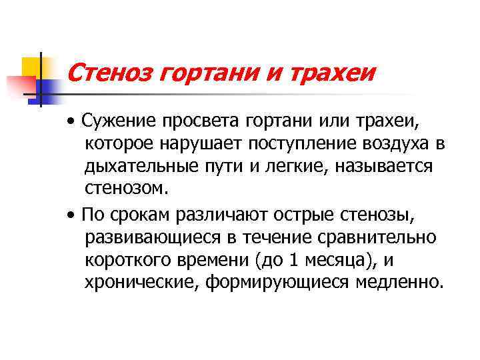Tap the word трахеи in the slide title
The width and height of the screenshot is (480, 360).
(x=325, y=70)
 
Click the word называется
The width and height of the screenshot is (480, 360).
(x=377, y=166)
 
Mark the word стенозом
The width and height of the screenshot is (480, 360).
(x=123, y=188)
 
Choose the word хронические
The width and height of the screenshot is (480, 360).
(x=141, y=281)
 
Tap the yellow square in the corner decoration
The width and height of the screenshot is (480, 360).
(x=30, y=66)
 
